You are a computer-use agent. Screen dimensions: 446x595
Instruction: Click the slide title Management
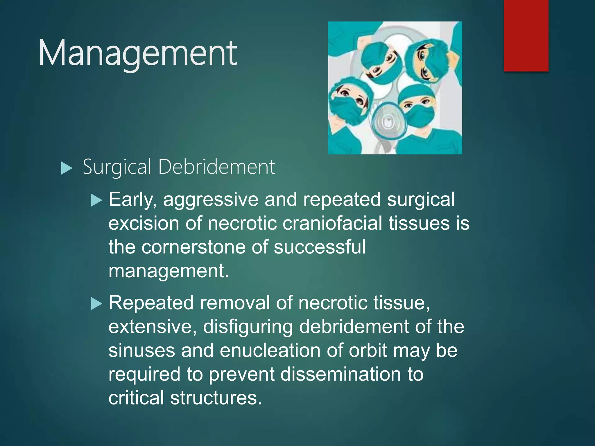[x=138, y=53]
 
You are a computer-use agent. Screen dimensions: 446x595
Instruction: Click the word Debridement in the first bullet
[x=216, y=167]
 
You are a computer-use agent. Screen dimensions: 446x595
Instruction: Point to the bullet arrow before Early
[x=96, y=200]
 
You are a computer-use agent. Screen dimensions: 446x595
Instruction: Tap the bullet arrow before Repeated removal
[x=96, y=304]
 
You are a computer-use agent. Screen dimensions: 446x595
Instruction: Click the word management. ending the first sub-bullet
[x=169, y=271]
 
